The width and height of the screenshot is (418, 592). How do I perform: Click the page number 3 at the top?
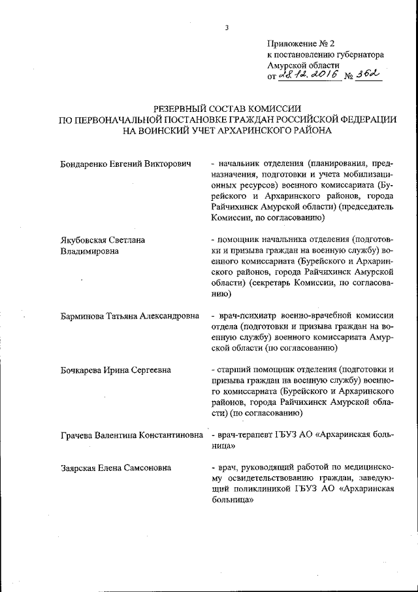click(227, 27)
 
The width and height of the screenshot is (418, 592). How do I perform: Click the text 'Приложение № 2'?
click(300, 44)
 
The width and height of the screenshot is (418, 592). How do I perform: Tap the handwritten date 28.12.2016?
click(308, 77)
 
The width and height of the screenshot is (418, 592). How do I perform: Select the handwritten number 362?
click(368, 76)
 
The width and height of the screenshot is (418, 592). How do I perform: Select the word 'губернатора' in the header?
click(359, 55)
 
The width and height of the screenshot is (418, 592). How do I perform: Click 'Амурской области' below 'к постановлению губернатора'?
click(303, 66)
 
